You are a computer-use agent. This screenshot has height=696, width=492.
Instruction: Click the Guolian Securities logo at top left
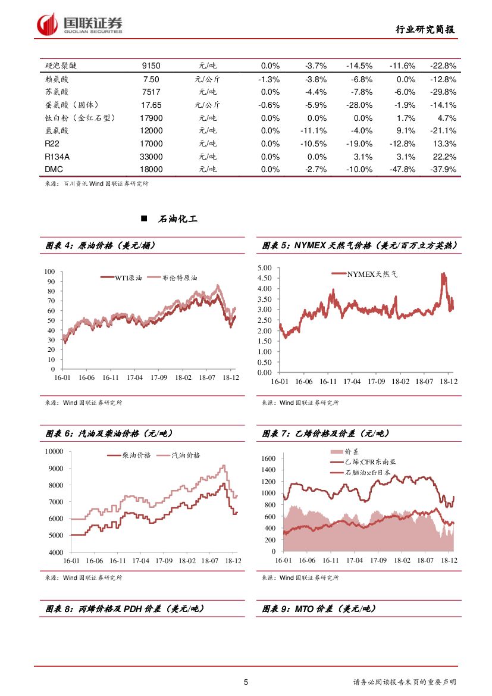(x=80, y=24)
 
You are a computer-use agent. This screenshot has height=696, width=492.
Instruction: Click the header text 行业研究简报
(x=426, y=29)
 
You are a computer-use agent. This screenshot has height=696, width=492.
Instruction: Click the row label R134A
(x=58, y=157)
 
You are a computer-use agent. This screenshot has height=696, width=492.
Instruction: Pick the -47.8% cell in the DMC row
(x=402, y=170)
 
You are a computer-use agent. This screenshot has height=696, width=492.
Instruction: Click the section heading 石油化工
(x=178, y=219)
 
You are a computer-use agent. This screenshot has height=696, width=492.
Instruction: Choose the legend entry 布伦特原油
(x=179, y=278)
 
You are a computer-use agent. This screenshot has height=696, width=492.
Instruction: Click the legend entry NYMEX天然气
(x=372, y=274)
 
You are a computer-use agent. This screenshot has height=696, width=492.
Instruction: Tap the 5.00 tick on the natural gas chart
(x=264, y=268)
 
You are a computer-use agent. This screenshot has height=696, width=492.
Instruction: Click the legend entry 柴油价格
(x=136, y=455)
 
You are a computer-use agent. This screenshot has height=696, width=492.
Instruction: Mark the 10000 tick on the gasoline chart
(x=54, y=451)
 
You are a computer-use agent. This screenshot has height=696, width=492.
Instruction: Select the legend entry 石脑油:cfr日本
(x=367, y=472)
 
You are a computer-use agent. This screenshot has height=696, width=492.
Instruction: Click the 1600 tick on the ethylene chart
(x=268, y=458)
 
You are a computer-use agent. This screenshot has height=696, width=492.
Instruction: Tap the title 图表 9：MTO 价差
(x=319, y=609)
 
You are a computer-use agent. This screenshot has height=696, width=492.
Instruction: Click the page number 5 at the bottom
(x=246, y=682)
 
